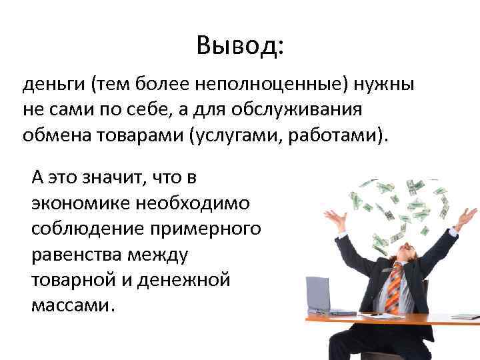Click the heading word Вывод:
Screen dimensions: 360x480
coord(239,45)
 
